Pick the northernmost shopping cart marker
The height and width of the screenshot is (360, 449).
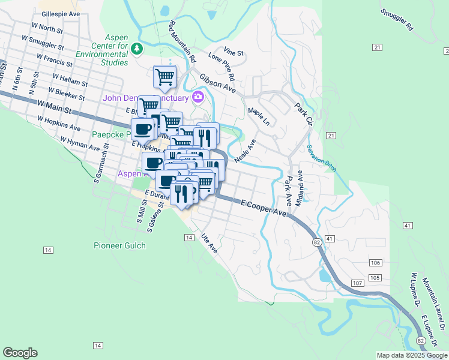point(164,77)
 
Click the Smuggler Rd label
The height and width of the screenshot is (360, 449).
point(397,20)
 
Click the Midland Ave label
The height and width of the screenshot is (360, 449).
point(299,188)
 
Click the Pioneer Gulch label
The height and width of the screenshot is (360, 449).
point(119,245)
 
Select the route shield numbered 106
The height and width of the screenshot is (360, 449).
point(376,263)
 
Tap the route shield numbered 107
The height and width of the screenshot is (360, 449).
point(358,283)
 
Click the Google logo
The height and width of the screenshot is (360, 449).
point(20,353)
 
